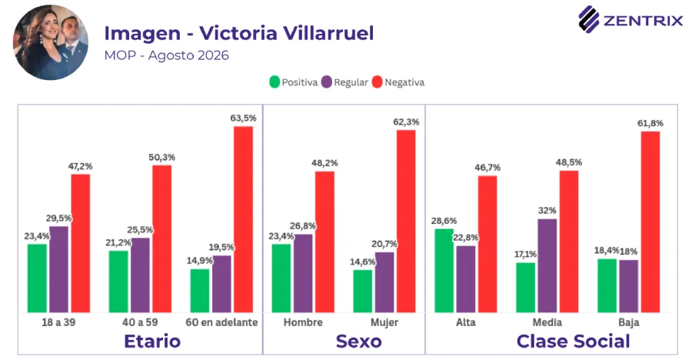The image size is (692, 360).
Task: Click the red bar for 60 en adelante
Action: (x=243, y=219)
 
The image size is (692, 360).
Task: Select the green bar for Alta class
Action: (x=444, y=271)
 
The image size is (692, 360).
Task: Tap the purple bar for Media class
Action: (x=547, y=266)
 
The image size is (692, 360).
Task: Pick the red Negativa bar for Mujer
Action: (x=406, y=222)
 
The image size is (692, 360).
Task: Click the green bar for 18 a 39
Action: (x=37, y=278)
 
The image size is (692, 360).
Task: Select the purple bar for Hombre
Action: (x=303, y=273)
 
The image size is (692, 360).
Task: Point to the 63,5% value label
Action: (x=243, y=118)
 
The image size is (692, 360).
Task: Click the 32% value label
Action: (x=547, y=211)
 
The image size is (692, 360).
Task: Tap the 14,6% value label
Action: (x=363, y=262)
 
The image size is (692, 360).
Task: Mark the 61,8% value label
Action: (x=650, y=123)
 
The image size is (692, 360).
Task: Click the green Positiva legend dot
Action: (x=274, y=82)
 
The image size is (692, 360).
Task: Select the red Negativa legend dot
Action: (x=377, y=82)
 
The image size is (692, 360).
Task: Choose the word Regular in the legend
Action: (x=351, y=82)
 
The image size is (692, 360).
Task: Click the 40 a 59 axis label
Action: (x=140, y=322)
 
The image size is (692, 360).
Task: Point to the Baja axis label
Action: (x=628, y=322)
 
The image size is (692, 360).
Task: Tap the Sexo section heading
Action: (x=358, y=342)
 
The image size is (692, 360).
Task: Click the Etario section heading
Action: (x=152, y=342)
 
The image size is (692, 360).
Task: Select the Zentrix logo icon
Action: (x=589, y=19)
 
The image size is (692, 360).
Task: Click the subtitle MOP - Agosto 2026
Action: (x=166, y=55)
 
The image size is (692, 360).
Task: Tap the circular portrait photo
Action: (x=50, y=42)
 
